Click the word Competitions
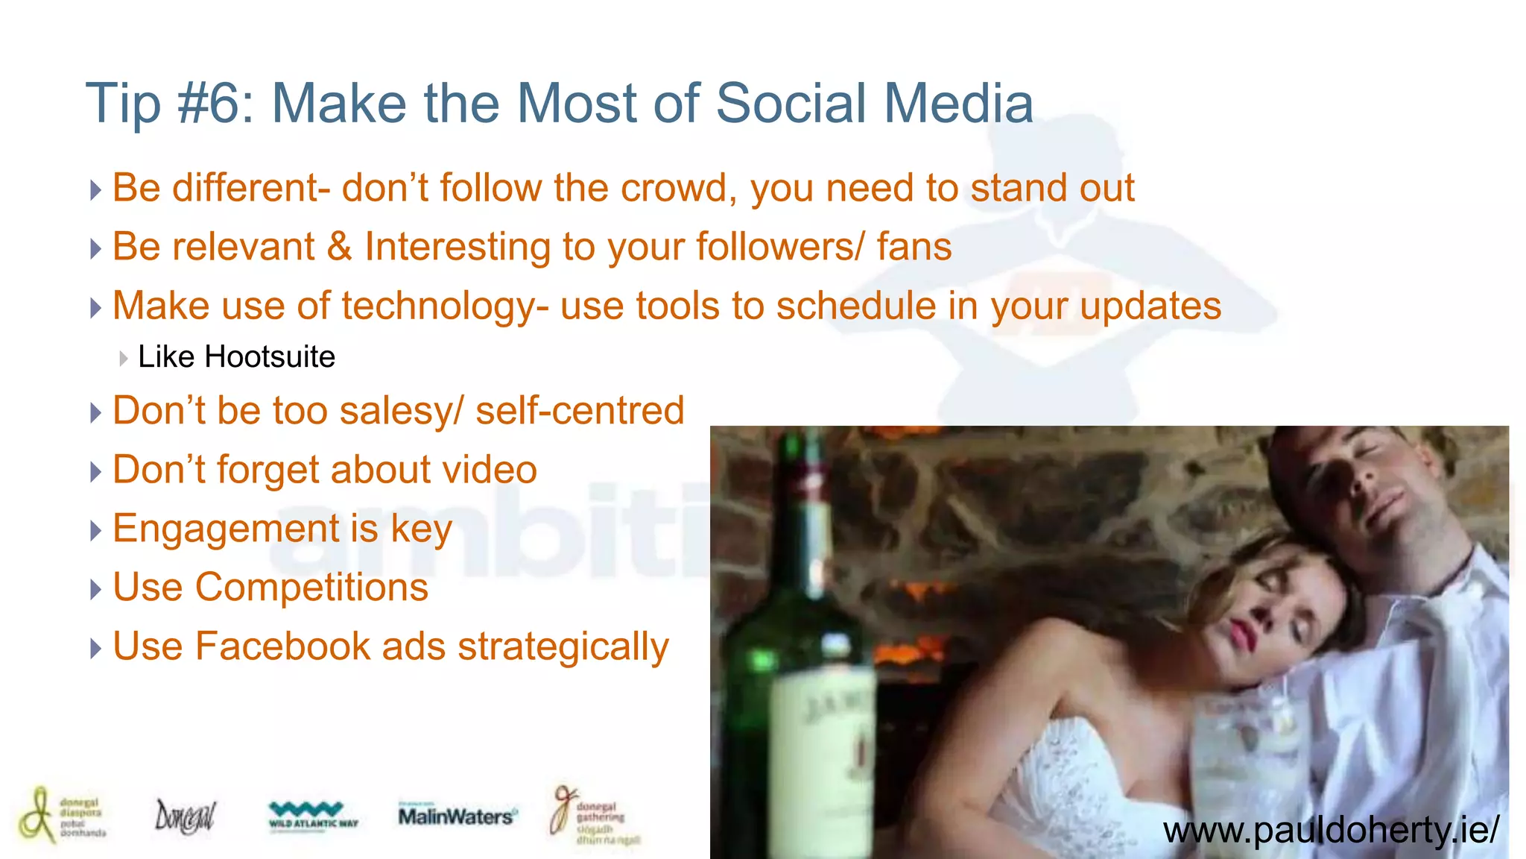tap(311, 588)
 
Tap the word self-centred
tap(580, 411)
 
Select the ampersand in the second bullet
tap(339, 247)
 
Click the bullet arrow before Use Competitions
tap(95, 590)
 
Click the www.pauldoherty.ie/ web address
tap(1331, 830)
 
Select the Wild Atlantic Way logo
tap(313, 816)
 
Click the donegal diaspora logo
tap(63, 815)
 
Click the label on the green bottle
tap(823, 746)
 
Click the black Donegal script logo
tap(184, 816)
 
